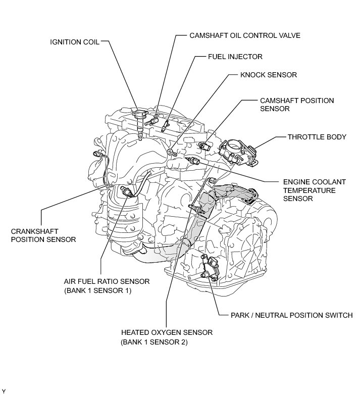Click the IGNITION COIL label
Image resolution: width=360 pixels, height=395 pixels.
[75, 42]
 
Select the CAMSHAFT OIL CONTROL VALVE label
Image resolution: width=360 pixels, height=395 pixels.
[245, 35]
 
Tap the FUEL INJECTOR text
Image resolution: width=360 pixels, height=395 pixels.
[235, 57]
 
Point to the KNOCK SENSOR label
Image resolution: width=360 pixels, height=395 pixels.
[269, 75]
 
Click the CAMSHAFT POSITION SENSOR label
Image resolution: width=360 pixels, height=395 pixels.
[297, 105]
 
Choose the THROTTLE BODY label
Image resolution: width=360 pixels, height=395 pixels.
[317, 137]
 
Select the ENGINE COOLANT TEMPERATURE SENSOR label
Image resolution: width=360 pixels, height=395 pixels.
[315, 190]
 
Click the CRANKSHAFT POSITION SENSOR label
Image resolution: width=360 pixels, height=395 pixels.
[43, 235]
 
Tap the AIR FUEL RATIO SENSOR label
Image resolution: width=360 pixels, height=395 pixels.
[107, 286]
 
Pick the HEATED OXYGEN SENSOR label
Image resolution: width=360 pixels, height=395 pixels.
[167, 337]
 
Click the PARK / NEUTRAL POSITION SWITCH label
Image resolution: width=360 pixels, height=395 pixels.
[291, 315]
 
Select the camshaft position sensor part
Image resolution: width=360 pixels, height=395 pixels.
[203, 145]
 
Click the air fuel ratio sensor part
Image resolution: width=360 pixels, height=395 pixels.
[126, 192]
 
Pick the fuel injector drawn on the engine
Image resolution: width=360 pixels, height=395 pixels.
[165, 126]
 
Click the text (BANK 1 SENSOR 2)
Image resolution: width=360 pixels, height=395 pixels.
[154, 342]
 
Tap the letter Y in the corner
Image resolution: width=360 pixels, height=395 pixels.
[4, 391]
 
